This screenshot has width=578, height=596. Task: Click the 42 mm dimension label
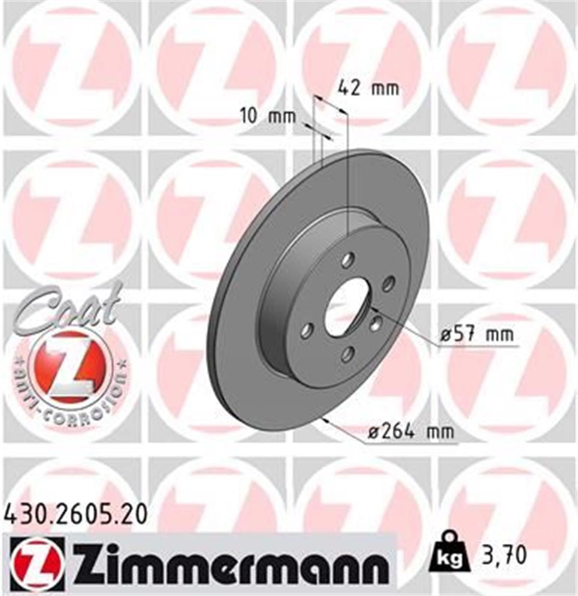click(368, 88)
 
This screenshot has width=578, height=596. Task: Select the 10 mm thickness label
click(268, 116)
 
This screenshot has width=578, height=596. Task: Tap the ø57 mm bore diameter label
click(477, 334)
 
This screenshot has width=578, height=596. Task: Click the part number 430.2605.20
click(76, 515)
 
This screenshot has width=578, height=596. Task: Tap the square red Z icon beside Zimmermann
click(37, 564)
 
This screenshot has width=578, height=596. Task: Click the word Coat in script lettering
click(67, 308)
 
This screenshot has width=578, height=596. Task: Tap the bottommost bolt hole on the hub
click(346, 355)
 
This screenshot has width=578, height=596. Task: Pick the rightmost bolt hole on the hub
click(388, 284)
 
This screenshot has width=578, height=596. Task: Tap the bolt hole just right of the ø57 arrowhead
click(376, 324)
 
